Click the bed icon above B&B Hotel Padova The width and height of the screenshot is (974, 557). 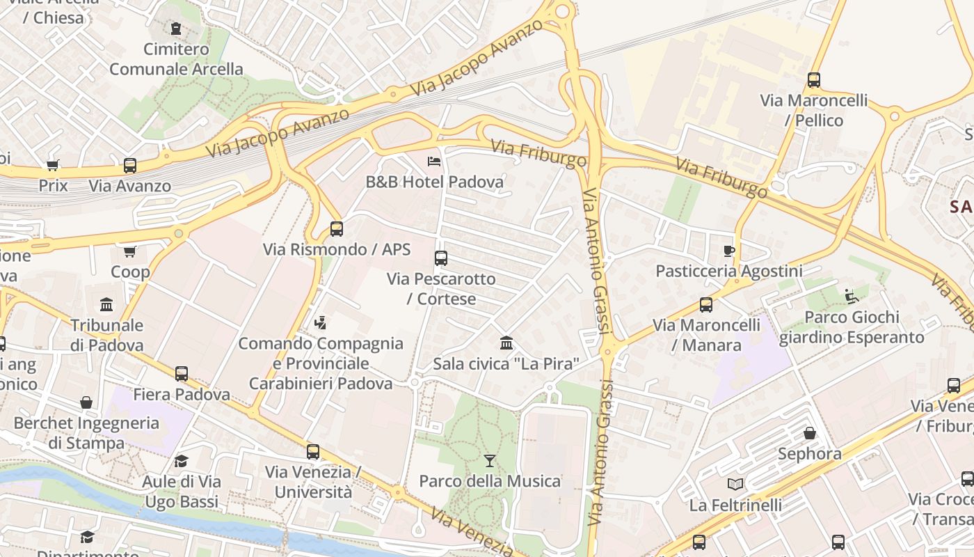(x=434, y=162)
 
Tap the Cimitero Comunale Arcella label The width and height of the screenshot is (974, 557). (x=176, y=59)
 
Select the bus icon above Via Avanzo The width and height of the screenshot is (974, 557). (x=130, y=166)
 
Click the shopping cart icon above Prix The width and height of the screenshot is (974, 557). (x=53, y=165)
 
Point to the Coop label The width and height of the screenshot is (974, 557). (x=130, y=272)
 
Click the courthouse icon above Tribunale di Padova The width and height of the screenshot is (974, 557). (x=106, y=305)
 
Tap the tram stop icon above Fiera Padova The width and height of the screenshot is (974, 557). (x=182, y=374)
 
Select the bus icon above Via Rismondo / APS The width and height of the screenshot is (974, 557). (x=337, y=228)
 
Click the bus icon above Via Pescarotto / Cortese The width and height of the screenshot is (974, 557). (x=441, y=258)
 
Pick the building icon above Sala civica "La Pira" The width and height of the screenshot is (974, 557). (x=506, y=343)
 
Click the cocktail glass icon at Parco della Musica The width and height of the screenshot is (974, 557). (x=490, y=461)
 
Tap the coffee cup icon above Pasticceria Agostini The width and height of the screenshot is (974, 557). (x=729, y=251)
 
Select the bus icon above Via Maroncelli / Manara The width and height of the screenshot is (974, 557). (x=706, y=305)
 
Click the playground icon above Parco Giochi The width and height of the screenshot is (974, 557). (x=850, y=297)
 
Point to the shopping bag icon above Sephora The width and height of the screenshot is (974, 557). (x=810, y=434)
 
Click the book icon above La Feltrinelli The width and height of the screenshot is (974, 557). (x=735, y=484)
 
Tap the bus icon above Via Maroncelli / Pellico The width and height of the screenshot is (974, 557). (x=814, y=80)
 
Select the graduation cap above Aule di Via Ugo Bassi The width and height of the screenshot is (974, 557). (x=182, y=461)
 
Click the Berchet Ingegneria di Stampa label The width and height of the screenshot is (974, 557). (x=86, y=432)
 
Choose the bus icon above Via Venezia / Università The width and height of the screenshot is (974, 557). (x=313, y=452)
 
